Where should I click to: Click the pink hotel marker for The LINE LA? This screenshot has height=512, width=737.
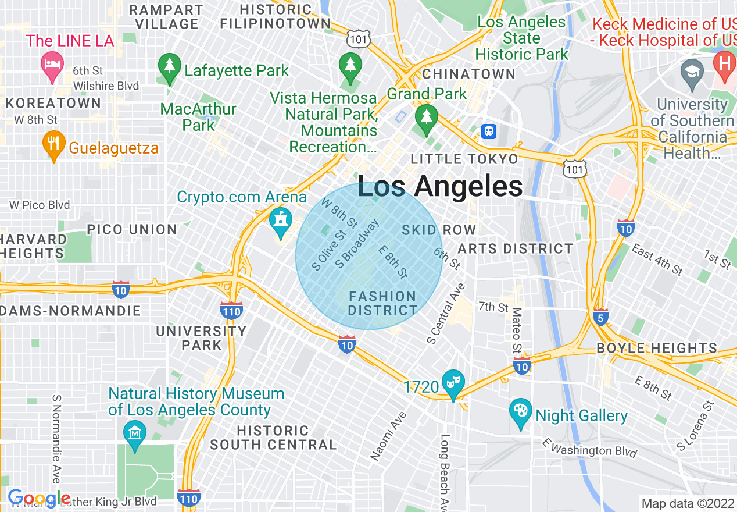point(52,65)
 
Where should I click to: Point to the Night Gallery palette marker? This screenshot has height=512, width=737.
point(520,412)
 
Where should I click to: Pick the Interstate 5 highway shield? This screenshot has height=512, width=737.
point(601,318)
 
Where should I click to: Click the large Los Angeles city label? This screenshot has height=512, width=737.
point(440,187)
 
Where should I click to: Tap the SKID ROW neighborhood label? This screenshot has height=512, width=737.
point(439,230)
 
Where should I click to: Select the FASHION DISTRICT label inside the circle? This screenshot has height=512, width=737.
point(382,303)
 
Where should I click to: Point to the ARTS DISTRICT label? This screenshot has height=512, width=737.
point(515,249)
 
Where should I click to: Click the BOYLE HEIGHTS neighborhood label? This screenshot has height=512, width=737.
point(657,349)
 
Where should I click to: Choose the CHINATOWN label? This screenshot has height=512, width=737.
point(468,74)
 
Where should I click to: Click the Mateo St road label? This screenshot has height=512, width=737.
point(516,330)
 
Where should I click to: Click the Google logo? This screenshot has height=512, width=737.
point(38,498)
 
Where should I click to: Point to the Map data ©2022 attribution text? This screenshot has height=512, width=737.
point(688,503)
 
